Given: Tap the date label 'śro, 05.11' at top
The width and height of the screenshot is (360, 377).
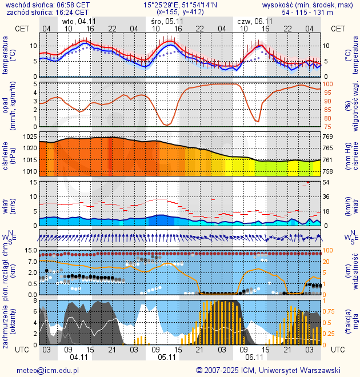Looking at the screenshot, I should [x=167, y=21].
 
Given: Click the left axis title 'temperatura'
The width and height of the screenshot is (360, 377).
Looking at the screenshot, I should [x=6, y=56].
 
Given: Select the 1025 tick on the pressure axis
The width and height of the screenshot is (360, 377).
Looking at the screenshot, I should [x=30, y=137].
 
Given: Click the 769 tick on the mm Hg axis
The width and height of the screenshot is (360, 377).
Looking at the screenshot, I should [x=328, y=137].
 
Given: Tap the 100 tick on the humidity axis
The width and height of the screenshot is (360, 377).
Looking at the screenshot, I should [x=328, y=85].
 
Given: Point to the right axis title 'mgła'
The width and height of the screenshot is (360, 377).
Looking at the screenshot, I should [x=355, y=323].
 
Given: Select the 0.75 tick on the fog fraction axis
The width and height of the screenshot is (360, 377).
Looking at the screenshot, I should [x=330, y=311].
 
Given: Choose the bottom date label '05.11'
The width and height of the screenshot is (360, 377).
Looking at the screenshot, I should [x=166, y=358].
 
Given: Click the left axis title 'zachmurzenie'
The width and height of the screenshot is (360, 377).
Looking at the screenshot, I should [x=6, y=323].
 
